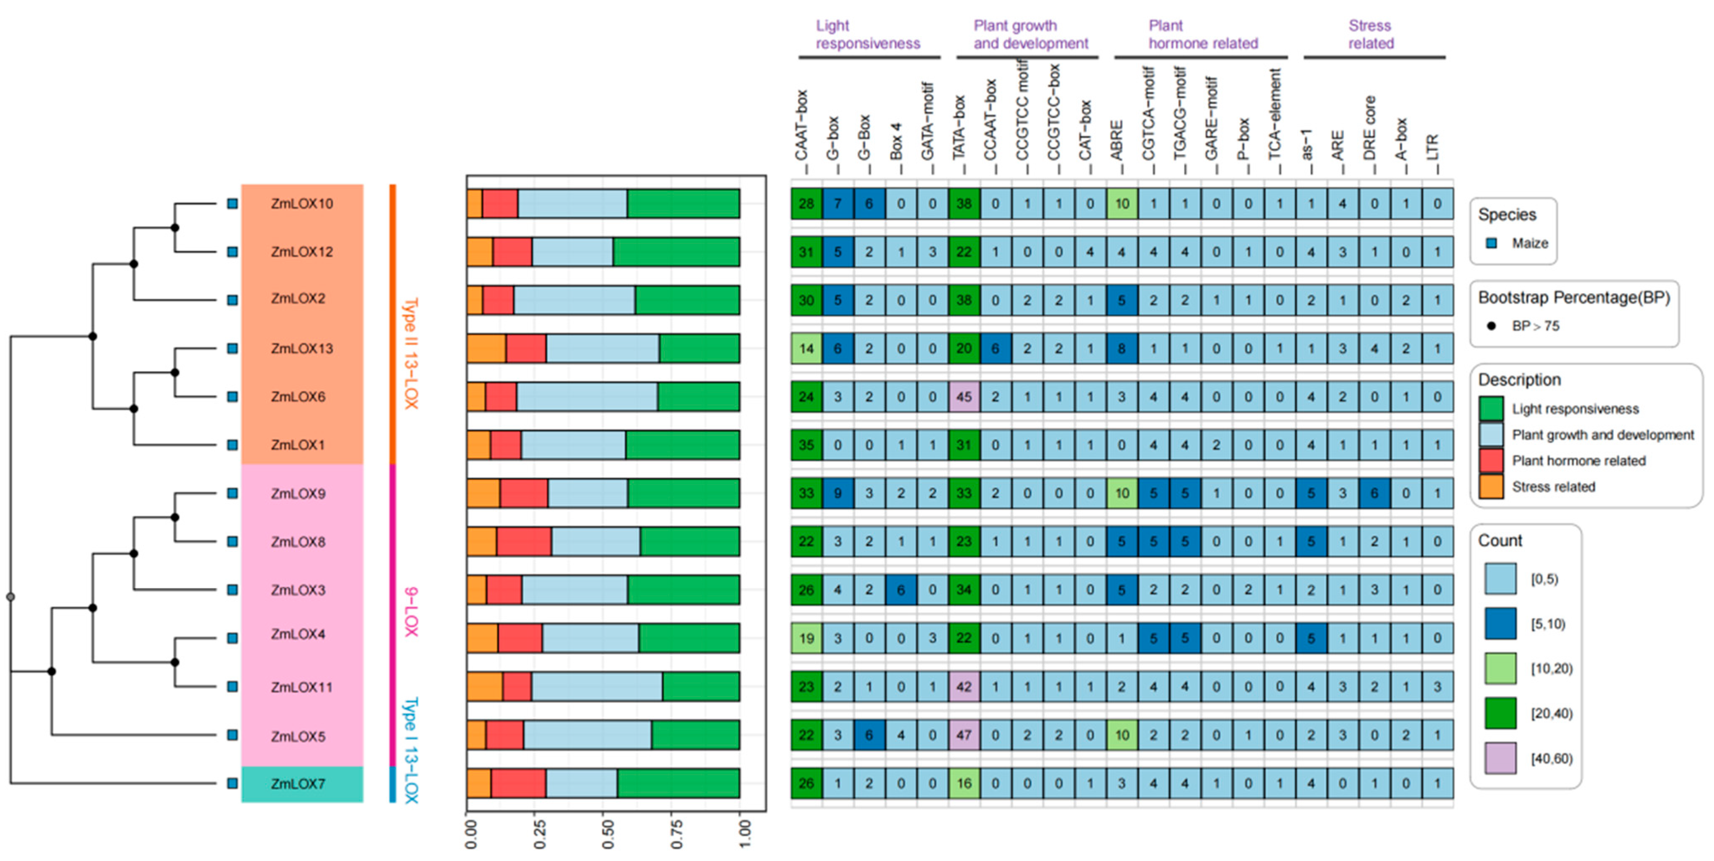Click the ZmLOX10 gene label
click(301, 204)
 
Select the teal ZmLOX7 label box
click(301, 784)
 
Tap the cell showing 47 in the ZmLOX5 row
click(963, 735)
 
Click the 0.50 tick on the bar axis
click(606, 834)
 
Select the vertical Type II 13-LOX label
click(411, 353)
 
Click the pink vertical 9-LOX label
click(411, 611)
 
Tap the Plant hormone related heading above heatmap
click(1202, 35)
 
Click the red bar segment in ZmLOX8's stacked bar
click(524, 541)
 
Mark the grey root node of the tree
click(10, 597)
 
